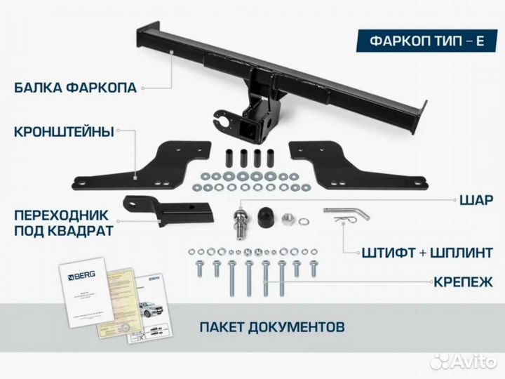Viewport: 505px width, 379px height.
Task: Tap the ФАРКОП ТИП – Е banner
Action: (x=426, y=39)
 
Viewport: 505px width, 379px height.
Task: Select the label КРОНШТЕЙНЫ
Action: (x=64, y=131)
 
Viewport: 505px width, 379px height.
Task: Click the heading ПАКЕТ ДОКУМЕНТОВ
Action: (x=271, y=326)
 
